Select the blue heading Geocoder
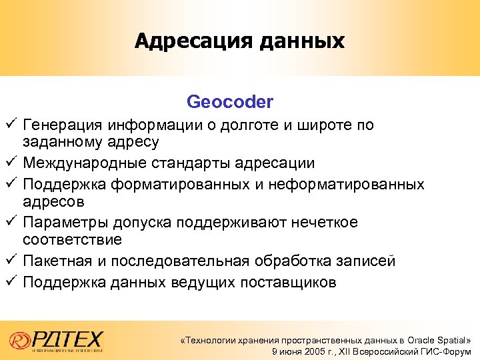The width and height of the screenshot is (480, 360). tap(230, 102)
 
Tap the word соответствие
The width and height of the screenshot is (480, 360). tap(72, 239)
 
